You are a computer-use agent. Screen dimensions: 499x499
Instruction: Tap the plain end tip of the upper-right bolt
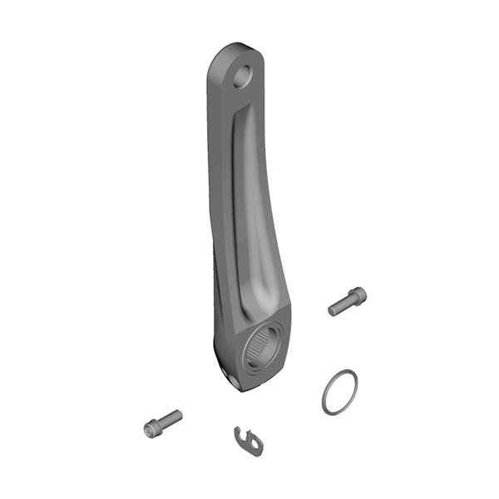point(331,311)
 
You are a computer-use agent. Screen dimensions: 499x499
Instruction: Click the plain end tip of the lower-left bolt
point(178,413)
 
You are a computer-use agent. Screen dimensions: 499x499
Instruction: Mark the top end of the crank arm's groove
point(240,121)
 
